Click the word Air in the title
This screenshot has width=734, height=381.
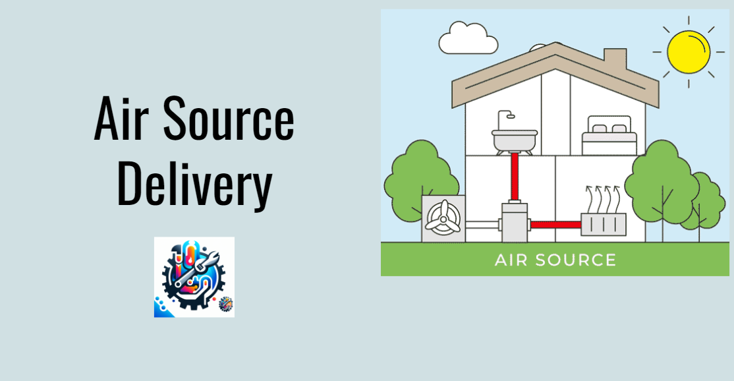click(121, 118)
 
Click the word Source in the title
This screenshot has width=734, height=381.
click(229, 118)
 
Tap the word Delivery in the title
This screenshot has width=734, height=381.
click(194, 184)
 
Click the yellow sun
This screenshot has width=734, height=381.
click(688, 51)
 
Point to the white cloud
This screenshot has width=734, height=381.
click(468, 38)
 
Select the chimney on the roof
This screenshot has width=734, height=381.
click(615, 60)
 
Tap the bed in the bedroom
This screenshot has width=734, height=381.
click(609, 136)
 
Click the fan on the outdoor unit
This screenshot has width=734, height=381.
click(442, 218)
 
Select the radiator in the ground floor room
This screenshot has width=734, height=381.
click(604, 224)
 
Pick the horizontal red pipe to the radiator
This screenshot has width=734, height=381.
click(555, 225)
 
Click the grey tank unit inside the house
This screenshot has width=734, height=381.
click(515, 222)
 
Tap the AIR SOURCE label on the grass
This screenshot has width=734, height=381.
click(555, 260)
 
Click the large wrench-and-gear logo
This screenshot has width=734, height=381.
click(194, 277)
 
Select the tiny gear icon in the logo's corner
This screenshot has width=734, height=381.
click(225, 304)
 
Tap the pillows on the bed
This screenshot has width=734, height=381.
click(609, 129)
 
